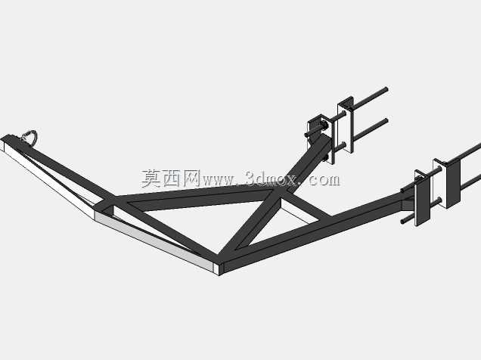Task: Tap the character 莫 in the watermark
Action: click(x=151, y=178)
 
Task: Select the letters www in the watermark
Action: click(x=218, y=181)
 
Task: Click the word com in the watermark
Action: click(x=324, y=180)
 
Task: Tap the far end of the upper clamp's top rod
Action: click(x=386, y=89)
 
